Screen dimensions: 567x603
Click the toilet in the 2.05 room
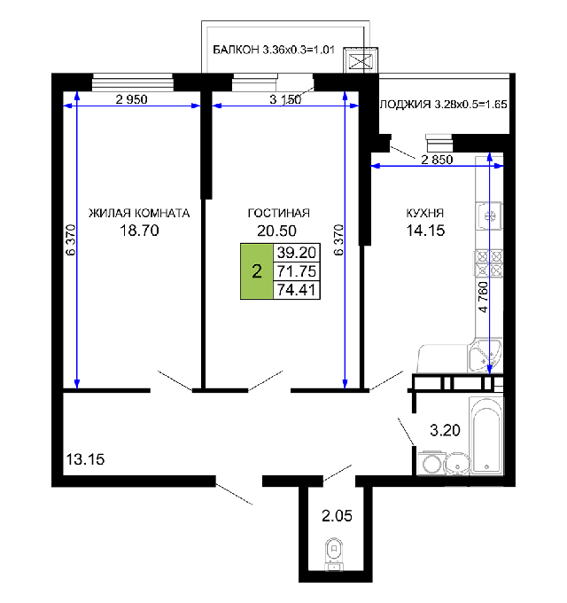[x=334, y=554]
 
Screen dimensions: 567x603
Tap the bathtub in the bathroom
[x=486, y=435]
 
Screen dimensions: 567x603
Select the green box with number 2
[x=257, y=271]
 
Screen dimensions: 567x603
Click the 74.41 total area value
[x=296, y=290]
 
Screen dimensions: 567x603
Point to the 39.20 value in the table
[x=296, y=253]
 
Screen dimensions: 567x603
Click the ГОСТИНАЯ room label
[x=278, y=213]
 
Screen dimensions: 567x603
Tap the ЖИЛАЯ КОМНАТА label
[x=139, y=213]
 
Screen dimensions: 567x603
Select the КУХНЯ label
[x=425, y=213]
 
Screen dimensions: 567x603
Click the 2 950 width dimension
[x=131, y=99]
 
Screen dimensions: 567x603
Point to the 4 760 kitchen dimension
[x=483, y=297]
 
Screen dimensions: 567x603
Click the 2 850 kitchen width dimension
[x=437, y=160]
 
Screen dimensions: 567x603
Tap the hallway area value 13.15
[x=85, y=459]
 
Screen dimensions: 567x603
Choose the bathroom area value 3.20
[x=445, y=430]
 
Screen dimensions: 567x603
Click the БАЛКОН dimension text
[x=274, y=50]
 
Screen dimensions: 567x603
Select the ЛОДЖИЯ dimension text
[x=444, y=105]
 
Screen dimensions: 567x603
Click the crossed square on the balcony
[x=361, y=60]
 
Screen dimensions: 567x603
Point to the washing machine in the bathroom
[x=431, y=463]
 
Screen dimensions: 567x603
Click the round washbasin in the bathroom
[x=457, y=464]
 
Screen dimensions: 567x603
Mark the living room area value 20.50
[x=276, y=231]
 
